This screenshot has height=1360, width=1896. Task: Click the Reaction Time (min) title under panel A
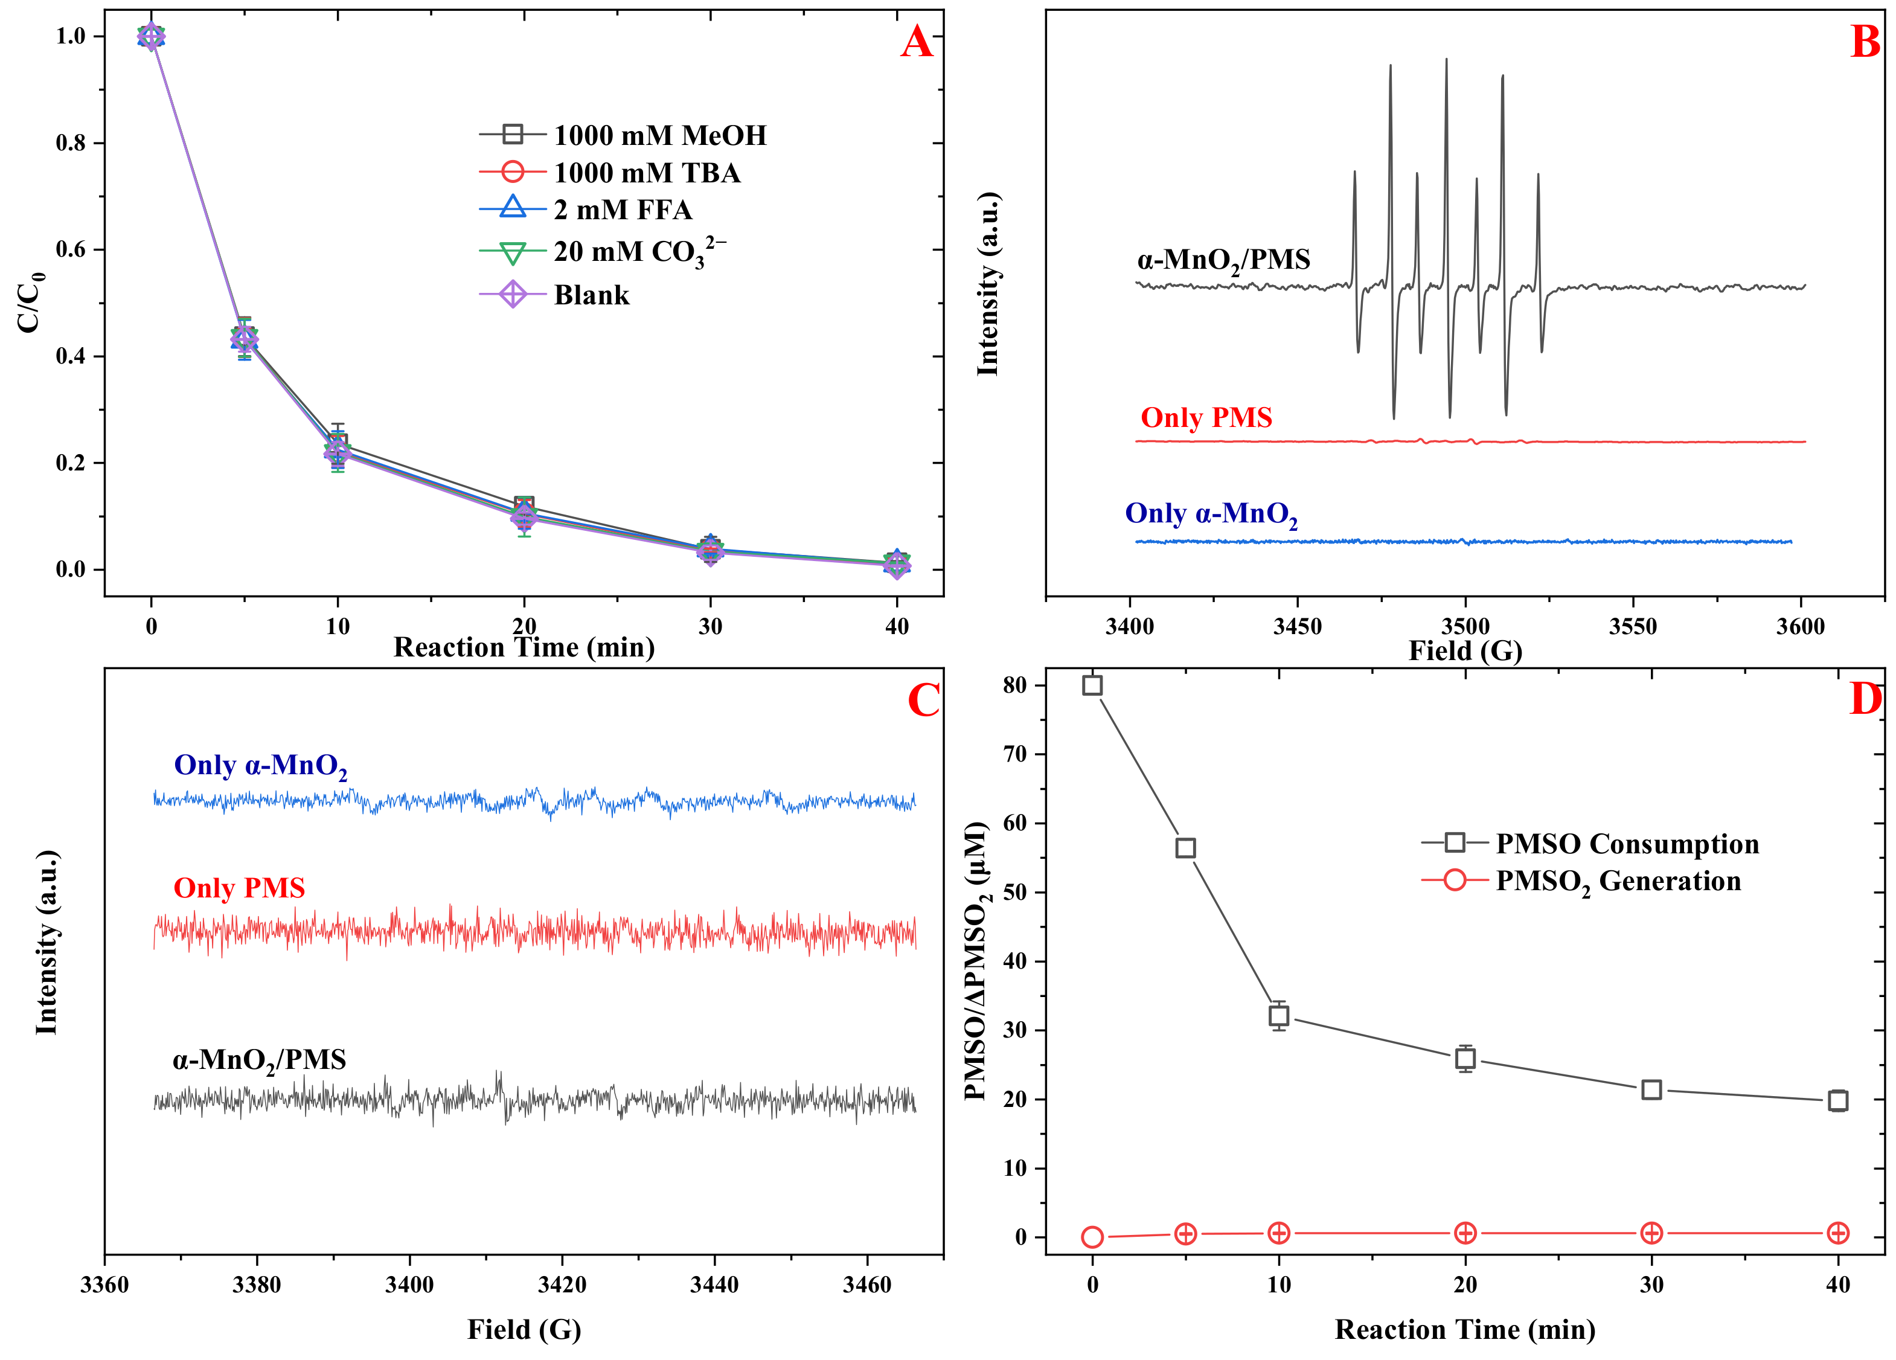(x=524, y=647)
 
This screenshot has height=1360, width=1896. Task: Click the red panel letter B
(x=1865, y=42)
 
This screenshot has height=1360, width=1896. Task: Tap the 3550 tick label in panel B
(x=1633, y=626)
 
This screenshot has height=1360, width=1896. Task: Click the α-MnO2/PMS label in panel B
(x=1223, y=260)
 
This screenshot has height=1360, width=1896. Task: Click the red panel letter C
(x=924, y=701)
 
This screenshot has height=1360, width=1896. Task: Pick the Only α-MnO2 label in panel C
(x=260, y=766)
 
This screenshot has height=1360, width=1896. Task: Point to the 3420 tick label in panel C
(x=562, y=1284)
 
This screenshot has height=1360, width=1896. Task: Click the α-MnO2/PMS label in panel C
(x=259, y=1060)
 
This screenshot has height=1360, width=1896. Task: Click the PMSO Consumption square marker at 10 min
(x=1278, y=1016)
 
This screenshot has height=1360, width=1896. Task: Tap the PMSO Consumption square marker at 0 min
(x=1092, y=685)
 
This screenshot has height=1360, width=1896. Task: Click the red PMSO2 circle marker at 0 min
(x=1092, y=1237)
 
